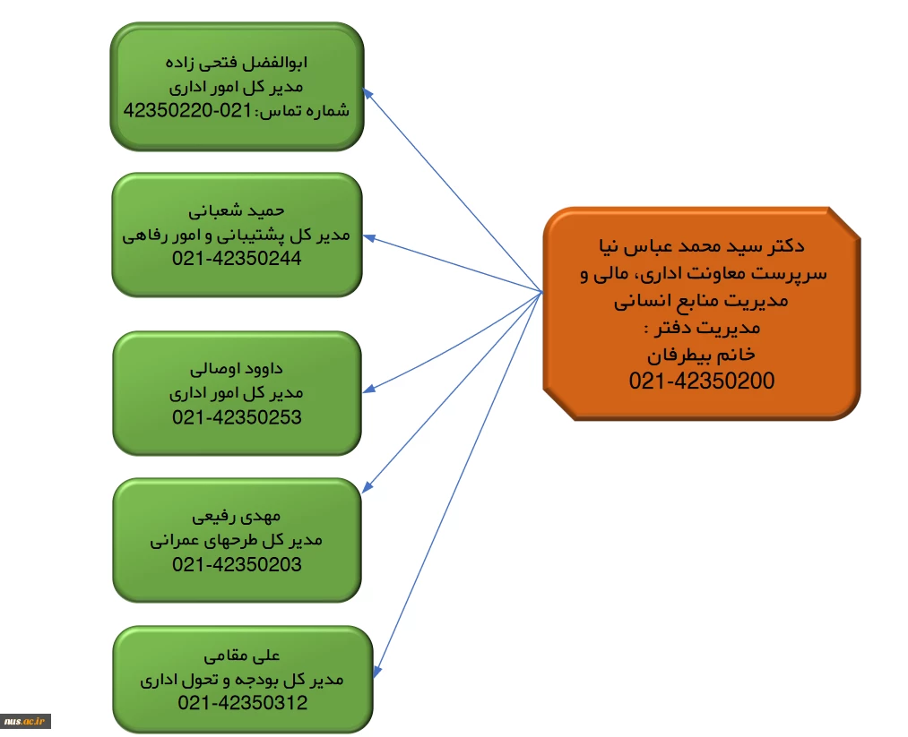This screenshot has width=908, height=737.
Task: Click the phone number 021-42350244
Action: pyautogui.click(x=237, y=258)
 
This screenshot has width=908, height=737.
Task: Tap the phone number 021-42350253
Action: pyautogui.click(x=237, y=417)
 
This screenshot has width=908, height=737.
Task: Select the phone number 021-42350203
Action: pyautogui.click(x=237, y=564)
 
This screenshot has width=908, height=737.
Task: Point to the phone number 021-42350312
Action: pyautogui.click(x=243, y=702)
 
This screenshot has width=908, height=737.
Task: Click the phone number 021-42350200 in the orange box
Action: pyautogui.click(x=702, y=381)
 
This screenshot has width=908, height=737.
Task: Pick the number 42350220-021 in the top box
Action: pyautogui.click(x=187, y=110)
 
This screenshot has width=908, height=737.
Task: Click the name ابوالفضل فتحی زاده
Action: pyautogui.click(x=237, y=63)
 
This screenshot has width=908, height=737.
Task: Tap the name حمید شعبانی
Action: pyautogui.click(x=237, y=210)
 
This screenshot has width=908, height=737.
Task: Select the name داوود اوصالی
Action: pyautogui.click(x=237, y=369)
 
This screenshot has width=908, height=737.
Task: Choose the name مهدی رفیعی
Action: pyautogui.click(x=237, y=516)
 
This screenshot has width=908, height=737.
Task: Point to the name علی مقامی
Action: pyautogui.click(x=242, y=656)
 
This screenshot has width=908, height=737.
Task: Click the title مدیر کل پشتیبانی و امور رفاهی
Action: pyautogui.click(x=237, y=235)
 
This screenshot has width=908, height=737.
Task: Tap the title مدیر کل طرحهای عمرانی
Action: pyautogui.click(x=237, y=540)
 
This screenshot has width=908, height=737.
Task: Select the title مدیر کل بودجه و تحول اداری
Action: pyautogui.click(x=242, y=679)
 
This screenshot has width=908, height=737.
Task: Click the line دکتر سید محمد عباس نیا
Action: pyautogui.click(x=702, y=246)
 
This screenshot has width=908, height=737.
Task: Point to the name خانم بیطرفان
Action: pyautogui.click(x=702, y=355)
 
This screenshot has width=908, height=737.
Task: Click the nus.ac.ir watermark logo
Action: pyautogui.click(x=25, y=721)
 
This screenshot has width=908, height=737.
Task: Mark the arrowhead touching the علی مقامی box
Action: pyautogui.click(x=377, y=672)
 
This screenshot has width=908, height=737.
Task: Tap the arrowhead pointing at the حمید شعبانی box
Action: pyautogui.click(x=369, y=238)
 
